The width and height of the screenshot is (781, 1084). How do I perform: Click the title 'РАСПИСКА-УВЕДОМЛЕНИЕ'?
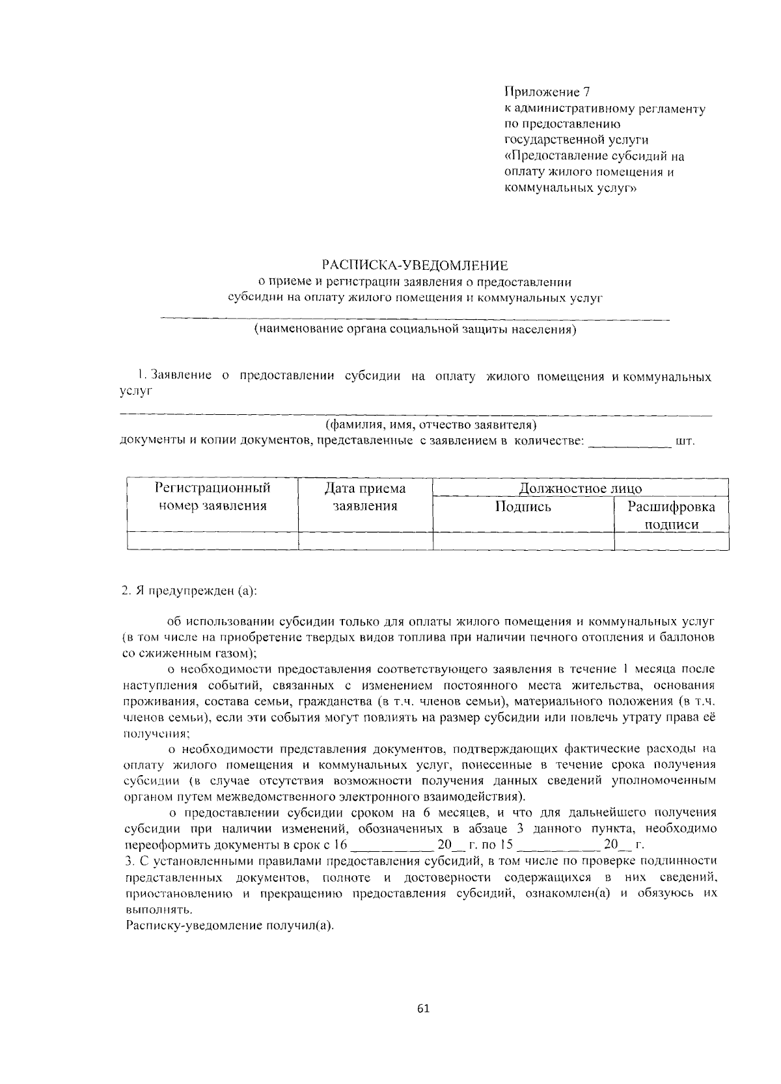pos(415,265)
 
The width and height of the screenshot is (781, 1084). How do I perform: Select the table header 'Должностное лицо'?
pos(580,488)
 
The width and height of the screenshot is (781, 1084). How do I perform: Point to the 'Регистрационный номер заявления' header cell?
pos(213,497)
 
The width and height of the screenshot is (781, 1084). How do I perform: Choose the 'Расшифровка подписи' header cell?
pos(671,516)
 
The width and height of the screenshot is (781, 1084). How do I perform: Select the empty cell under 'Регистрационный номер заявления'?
pos(213,541)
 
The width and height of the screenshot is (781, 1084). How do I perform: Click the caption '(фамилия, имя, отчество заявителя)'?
pos(430,425)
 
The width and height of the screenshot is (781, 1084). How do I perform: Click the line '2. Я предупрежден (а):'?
pos(189,591)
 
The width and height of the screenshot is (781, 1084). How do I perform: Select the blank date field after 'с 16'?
pos(391,845)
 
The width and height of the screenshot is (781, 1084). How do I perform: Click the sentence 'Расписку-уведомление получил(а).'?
pos(230,926)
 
